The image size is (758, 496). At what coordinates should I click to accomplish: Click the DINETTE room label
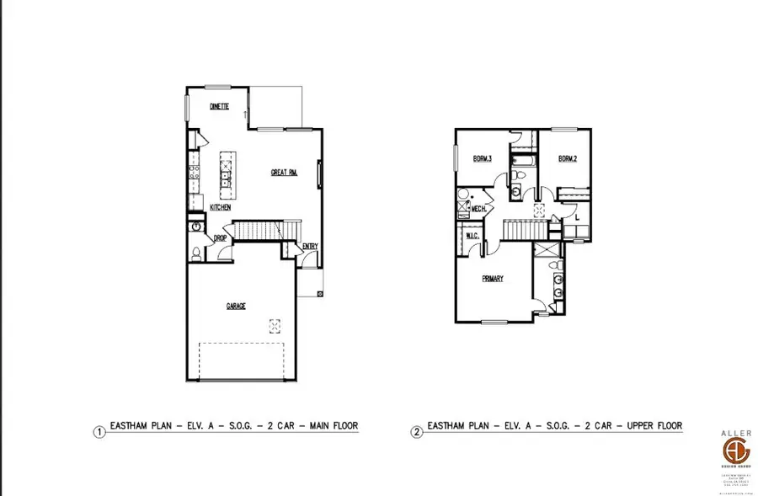click(x=220, y=107)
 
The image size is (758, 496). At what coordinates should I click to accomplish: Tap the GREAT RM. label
click(x=284, y=173)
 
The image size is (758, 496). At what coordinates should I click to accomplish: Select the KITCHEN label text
click(x=221, y=207)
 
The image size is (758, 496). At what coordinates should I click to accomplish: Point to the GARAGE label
click(x=236, y=307)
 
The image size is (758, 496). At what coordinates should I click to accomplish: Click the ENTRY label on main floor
click(x=311, y=247)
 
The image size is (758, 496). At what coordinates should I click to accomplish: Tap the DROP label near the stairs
click(x=220, y=239)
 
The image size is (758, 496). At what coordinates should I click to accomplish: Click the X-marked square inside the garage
click(x=275, y=325)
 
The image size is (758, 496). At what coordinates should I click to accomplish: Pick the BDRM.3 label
click(x=482, y=158)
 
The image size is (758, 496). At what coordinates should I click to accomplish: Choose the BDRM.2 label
click(x=567, y=158)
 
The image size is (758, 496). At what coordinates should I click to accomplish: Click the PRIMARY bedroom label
click(x=493, y=279)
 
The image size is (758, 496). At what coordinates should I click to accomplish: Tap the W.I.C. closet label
click(x=472, y=237)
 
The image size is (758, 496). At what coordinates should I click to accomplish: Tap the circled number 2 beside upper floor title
click(x=416, y=432)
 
